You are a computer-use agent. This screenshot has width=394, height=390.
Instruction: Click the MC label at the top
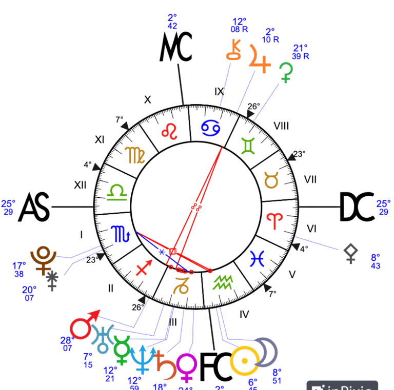tap(176, 48)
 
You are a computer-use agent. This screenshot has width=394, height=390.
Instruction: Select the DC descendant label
tap(357, 208)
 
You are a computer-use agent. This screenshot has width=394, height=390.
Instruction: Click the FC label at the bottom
tap(214, 366)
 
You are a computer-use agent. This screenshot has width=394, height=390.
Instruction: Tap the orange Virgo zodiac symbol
tap(135, 154)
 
